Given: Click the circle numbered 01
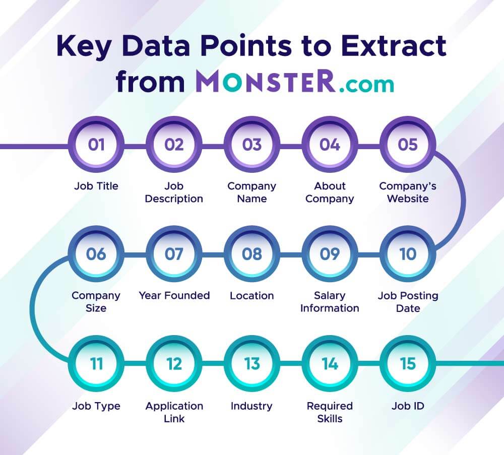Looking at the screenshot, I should [96, 145].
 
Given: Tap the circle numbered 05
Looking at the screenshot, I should [408, 145].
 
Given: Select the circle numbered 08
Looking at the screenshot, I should [251, 254].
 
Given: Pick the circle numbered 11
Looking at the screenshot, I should [96, 363].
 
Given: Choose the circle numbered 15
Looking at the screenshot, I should [408, 363].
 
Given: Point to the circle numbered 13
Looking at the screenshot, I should [251, 363].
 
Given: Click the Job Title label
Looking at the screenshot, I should [96, 186].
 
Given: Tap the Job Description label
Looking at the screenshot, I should [174, 192].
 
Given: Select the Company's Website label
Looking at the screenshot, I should [408, 192].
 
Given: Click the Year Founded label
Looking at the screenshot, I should [174, 295].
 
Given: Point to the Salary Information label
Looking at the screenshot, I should [330, 301].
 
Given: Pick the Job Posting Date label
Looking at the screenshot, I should [408, 301].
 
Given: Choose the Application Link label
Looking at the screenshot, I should [174, 412].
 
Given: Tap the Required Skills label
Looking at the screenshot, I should [330, 412].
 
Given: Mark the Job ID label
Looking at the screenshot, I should [408, 406].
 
